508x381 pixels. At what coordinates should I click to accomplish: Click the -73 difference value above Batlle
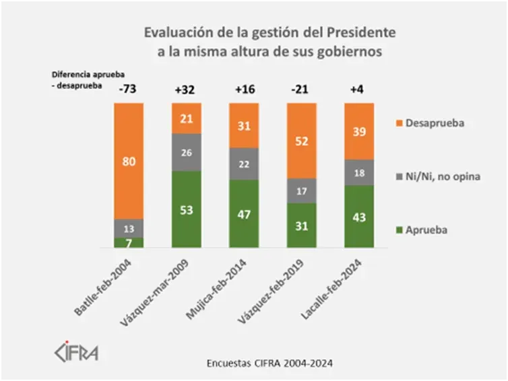pos(127,89)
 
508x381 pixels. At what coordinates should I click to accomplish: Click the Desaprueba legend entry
pos(433,123)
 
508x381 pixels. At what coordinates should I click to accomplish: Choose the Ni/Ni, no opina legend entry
pos(440,176)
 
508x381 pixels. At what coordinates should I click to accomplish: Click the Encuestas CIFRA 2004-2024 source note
pos(269,362)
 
